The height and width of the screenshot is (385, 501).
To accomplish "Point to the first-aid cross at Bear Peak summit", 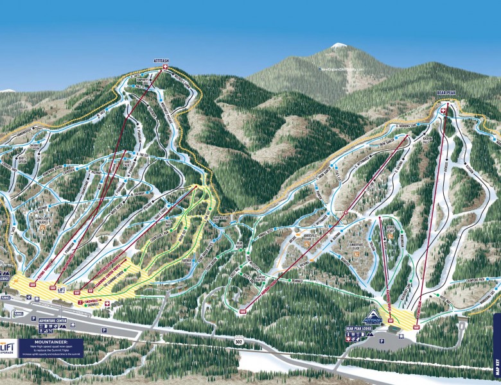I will coord(443,110).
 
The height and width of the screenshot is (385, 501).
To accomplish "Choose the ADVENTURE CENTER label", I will coord(53,320).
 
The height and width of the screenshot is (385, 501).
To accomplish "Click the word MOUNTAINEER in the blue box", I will coord(46,343).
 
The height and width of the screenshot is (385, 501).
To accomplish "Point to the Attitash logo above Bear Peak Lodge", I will coord(373,319).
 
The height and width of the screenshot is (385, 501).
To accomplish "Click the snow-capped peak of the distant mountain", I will coord(338,46).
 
